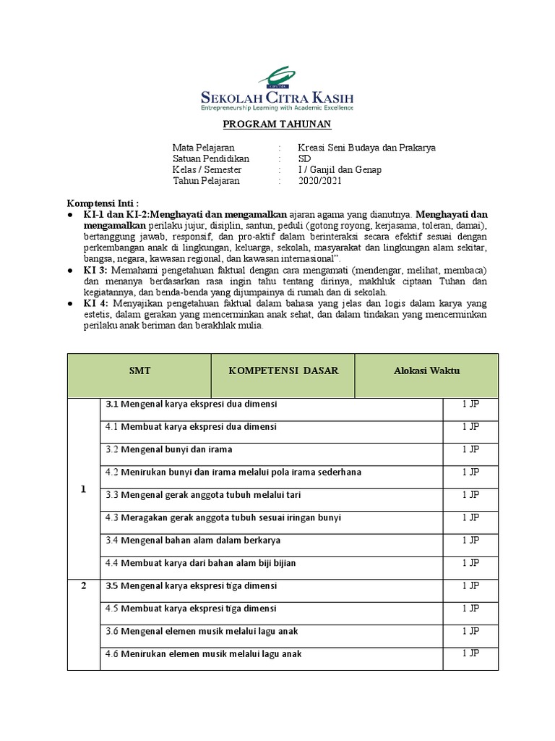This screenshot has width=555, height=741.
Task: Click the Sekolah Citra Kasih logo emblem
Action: pos(277,76)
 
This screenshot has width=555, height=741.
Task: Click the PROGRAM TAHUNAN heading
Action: pos(277,124)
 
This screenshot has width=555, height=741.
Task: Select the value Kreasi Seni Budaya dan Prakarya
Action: pos(367,148)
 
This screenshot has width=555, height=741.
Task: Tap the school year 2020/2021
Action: pos(320,181)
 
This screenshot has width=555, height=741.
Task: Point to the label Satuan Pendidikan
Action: pos(211,158)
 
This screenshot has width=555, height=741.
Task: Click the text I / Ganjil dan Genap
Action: pos(340,170)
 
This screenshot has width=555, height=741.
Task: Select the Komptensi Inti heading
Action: pos(103,203)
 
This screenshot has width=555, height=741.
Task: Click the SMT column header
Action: pos(139,370)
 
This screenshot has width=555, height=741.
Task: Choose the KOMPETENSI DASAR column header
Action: pos(283,370)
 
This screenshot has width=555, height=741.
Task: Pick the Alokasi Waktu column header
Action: pos(426,370)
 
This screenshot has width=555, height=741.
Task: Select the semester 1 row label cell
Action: pos(83,489)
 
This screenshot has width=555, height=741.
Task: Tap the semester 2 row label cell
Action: pos(83,585)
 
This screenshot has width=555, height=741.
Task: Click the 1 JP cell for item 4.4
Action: pos(470,562)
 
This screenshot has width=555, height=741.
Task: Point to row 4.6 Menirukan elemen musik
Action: pos(203,653)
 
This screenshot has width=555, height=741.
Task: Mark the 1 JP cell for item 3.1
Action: pos(470,404)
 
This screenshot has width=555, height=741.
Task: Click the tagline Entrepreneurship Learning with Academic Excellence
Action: pos(277,107)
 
